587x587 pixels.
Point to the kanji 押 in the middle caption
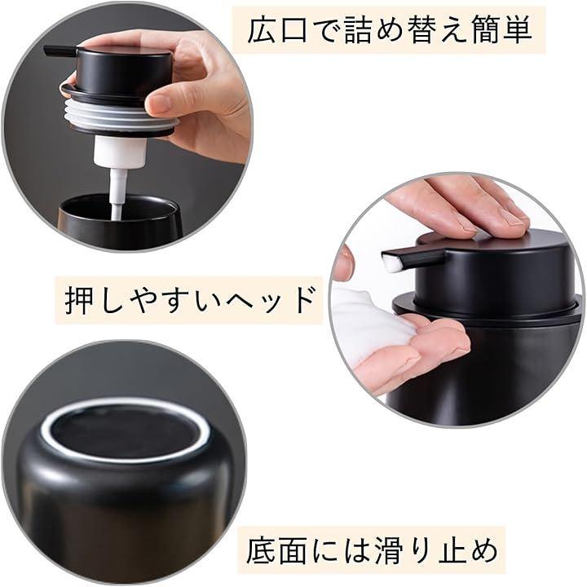coord(78,300)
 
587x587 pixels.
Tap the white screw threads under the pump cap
coord(118,113)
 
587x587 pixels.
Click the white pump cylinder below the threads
coord(120,152)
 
